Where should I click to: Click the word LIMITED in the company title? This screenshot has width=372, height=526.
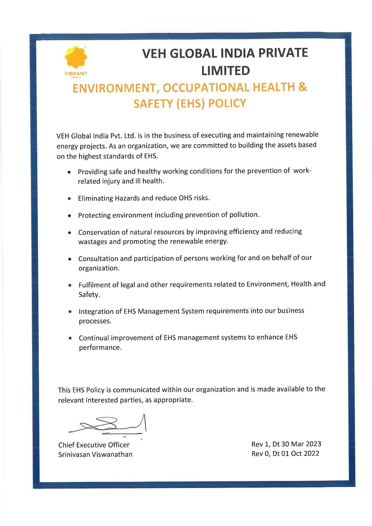pyautogui.click(x=225, y=71)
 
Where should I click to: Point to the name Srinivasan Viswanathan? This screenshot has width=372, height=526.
pyautogui.click(x=95, y=454)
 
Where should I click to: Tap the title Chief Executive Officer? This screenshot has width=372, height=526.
pyautogui.click(x=94, y=445)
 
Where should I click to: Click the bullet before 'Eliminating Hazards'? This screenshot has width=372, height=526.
pyautogui.click(x=69, y=199)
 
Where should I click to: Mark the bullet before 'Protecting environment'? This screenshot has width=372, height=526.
pyautogui.click(x=69, y=216)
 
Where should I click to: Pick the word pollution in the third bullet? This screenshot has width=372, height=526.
pyautogui.click(x=244, y=215)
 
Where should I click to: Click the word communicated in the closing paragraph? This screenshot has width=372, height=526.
pyautogui.click(x=136, y=390)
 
